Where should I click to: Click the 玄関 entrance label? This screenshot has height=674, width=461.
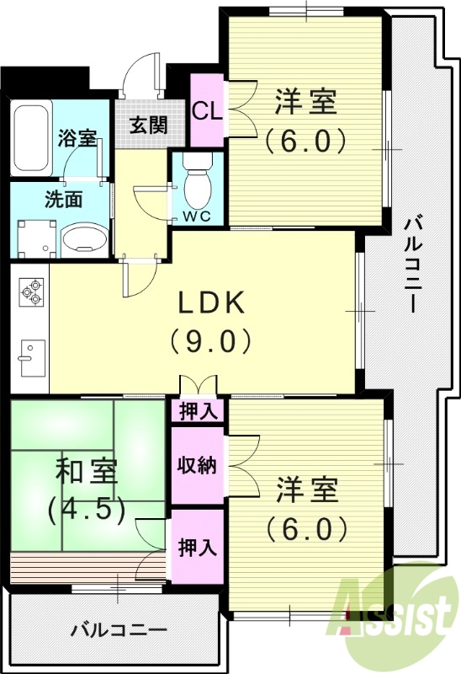(x=147, y=126)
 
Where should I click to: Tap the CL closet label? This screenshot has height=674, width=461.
(x=206, y=110)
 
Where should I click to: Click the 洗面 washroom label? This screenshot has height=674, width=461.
(x=63, y=200)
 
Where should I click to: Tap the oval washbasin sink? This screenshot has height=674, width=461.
(x=84, y=238)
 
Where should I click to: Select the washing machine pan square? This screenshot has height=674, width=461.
(x=35, y=237)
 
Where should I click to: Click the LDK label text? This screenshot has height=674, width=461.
(x=209, y=302)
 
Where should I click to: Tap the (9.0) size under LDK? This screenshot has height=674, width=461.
(x=209, y=341)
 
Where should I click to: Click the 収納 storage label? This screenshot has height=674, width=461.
(x=197, y=465)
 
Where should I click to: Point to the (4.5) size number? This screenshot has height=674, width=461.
(x=87, y=508)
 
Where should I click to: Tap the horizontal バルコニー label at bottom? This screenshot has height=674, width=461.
(x=119, y=629)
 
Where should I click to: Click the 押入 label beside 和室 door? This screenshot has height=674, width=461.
(x=198, y=547)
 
